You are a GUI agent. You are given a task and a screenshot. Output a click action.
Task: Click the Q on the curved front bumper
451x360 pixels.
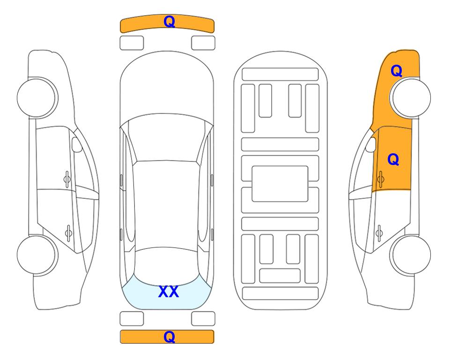point(169,22)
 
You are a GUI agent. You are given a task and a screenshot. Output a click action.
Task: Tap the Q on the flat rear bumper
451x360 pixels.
point(169,337)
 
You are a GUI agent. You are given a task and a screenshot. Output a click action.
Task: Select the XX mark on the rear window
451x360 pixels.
point(169,292)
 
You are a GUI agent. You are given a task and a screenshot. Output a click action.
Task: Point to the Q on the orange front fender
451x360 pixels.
point(396,71)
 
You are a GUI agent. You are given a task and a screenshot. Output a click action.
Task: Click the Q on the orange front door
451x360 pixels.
point(393,159)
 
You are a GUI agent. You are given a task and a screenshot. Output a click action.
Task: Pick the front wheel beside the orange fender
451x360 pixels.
point(410,98)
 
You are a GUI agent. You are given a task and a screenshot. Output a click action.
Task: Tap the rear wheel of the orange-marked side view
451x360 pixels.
point(410,255)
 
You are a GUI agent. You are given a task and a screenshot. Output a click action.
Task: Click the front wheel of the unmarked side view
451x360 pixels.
point(37,98)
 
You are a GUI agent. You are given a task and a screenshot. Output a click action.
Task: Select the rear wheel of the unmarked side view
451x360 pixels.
point(37,255)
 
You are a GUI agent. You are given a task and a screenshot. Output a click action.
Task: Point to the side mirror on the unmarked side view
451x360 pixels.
point(77,144)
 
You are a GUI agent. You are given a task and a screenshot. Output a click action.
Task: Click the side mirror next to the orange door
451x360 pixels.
point(371,144)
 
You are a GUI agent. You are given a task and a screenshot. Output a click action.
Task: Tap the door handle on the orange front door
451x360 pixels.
point(380,179)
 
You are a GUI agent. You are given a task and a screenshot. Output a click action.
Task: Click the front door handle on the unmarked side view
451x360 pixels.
point(67,179)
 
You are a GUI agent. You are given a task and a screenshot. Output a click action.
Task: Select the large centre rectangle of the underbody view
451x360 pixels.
point(280,184)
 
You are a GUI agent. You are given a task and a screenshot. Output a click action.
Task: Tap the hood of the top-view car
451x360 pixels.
point(167,86)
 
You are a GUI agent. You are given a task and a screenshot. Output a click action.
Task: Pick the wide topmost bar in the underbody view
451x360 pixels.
point(280,75)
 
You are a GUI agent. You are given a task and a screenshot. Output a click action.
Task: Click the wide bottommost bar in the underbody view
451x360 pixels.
point(281,293)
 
